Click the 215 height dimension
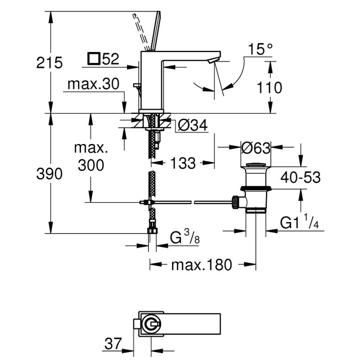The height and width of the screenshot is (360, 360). [49, 63]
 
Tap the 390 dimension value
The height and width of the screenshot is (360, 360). [49, 174]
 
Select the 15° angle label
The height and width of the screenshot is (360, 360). [260, 49]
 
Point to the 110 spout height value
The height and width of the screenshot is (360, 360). [269, 87]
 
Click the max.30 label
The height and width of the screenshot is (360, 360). [94, 84]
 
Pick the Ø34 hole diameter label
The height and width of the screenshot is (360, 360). [193, 125]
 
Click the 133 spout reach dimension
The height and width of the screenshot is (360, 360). [183, 163]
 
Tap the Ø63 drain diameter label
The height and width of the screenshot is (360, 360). [256, 148]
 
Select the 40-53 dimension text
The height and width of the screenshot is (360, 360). [300, 177]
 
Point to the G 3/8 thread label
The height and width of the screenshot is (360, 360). [185, 237]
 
